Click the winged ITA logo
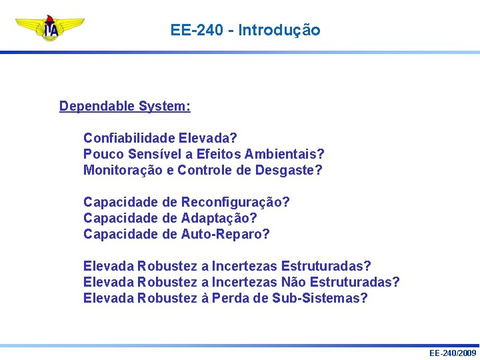pyautogui.click(x=50, y=27)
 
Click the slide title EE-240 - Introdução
pyautogui.click(x=245, y=31)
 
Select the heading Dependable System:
pyautogui.click(x=125, y=107)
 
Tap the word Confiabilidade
pyautogui.click(x=129, y=139)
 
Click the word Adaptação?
pyautogui.click(x=219, y=219)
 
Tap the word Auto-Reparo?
pyautogui.click(x=225, y=235)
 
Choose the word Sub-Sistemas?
pyautogui.click(x=320, y=299)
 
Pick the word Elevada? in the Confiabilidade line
pyautogui.click(x=207, y=139)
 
